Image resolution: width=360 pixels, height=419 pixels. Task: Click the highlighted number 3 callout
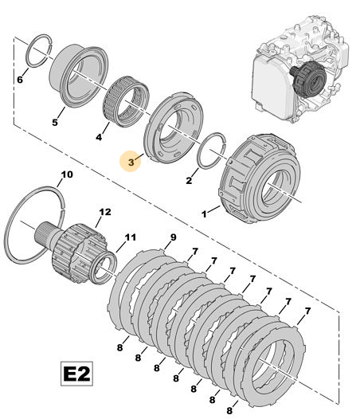[131, 162]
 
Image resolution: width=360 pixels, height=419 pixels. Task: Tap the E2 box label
[76, 374]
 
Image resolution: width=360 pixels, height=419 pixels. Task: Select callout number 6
[20, 80]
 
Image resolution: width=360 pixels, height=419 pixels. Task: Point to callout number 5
[55, 123]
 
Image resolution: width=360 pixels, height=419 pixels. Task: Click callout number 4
[99, 137]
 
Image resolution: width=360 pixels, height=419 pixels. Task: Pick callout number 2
[189, 180]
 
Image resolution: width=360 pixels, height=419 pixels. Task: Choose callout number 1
[204, 214]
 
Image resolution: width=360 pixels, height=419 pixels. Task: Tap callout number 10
[67, 174]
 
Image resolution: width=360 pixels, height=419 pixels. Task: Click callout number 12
[105, 212]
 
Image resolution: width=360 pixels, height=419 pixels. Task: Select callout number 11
[130, 237]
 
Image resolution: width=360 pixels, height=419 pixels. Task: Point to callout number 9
[174, 237]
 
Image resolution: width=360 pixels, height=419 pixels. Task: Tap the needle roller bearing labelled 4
[126, 101]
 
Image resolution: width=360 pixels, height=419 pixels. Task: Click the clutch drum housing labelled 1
[259, 178]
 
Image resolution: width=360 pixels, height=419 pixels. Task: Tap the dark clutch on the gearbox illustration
[309, 79]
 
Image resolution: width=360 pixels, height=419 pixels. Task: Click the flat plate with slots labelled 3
[173, 127]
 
